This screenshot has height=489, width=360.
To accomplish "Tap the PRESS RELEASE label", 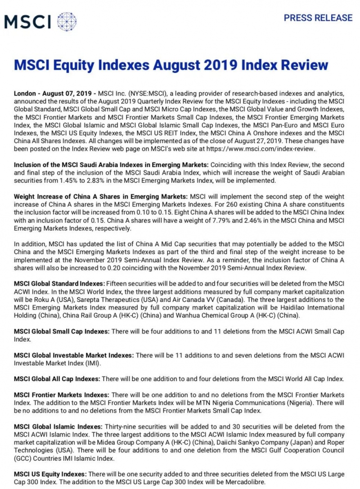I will point(318,18).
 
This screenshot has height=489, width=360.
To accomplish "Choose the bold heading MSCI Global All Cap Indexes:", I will point(57,379).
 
